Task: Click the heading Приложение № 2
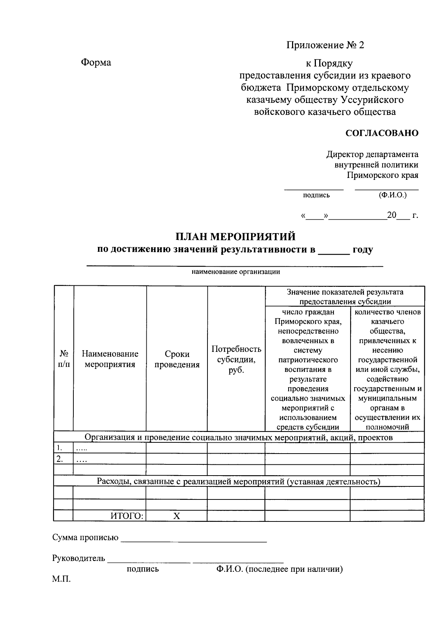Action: [x=325, y=46]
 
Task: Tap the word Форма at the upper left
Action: [x=96, y=62]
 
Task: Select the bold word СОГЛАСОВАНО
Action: [x=382, y=133]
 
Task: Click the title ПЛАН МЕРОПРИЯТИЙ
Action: [x=235, y=237]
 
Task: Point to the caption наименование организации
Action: [x=235, y=272]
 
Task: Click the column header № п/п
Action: [x=64, y=359]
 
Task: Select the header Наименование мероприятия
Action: [x=110, y=359]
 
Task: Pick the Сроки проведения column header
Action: [x=177, y=359]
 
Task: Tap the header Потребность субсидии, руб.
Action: [x=236, y=359]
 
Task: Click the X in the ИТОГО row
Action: [x=177, y=516]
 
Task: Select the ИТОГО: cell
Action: [x=127, y=516]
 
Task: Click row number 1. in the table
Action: [x=59, y=448]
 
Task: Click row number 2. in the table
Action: [x=59, y=459]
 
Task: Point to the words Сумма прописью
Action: [x=85, y=537]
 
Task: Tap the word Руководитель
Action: [x=79, y=558]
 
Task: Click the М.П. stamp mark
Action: [x=61, y=579]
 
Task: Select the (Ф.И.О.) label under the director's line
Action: [x=392, y=195]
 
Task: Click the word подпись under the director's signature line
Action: [x=316, y=195]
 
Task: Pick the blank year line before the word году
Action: [x=334, y=251]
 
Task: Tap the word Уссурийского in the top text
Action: [x=372, y=100]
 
